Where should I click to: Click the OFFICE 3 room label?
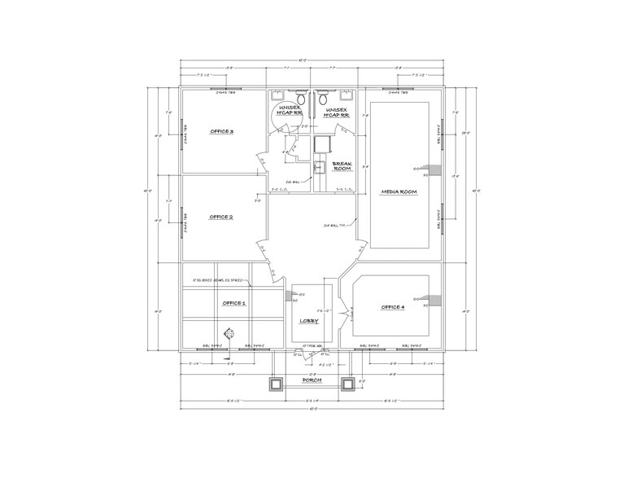pos(221,131)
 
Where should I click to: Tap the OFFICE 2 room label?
pos(221,217)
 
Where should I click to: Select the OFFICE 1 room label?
pos(233,302)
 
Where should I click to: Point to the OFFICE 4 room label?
pos(392,307)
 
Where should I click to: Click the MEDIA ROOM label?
pos(399,191)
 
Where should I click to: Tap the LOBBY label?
pos(308,321)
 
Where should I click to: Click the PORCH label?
pos(312,380)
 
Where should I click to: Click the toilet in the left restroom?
pos(299,94)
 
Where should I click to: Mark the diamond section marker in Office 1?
pos(230,332)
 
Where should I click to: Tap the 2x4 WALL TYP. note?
pos(335,226)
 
